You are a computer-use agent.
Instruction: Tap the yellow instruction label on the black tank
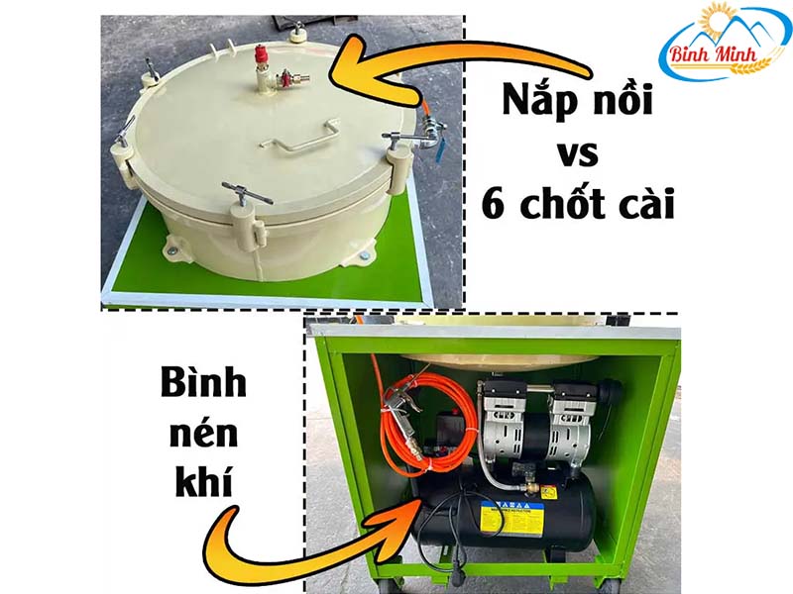pos(511,522)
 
